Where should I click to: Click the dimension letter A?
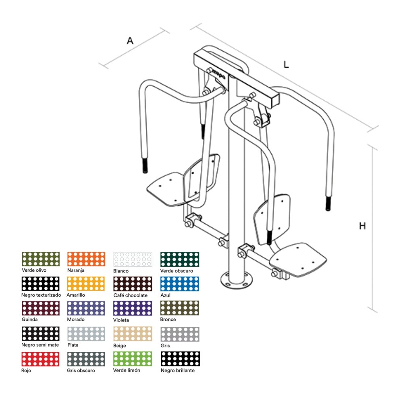pos(130,41)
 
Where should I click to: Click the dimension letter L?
pos(286,64)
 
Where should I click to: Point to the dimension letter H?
pos(362,226)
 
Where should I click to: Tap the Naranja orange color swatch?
pos(86,259)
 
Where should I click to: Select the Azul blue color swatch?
pos(180,284)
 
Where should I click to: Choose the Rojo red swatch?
pos(40,359)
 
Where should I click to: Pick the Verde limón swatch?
pos(132,359)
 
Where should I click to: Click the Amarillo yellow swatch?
pos(86,284)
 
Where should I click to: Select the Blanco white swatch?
pos(133,259)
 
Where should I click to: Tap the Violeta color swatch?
pos(132,308)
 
